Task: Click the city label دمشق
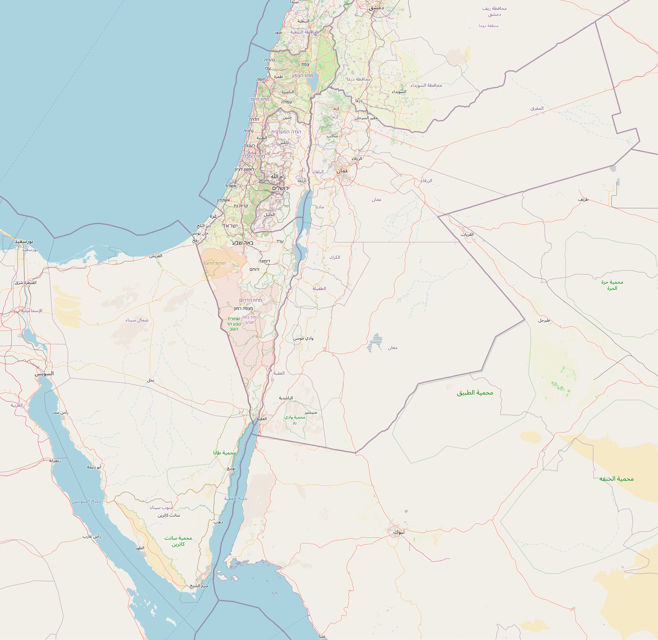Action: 376,8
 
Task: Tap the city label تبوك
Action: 399,532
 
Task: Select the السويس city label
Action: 44,373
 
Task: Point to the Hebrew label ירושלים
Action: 281,188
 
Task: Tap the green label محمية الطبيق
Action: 475,392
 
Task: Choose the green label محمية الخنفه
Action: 616,479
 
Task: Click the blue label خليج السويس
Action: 86,501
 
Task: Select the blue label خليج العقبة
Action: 236,498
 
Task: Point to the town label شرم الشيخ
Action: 199,586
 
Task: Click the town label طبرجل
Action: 544,320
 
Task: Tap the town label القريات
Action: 467,234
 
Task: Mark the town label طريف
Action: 583,199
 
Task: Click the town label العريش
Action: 156,256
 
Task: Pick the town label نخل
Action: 151,380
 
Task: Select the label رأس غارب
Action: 92,537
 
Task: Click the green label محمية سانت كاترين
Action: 178,541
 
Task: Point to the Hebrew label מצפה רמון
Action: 244,308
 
